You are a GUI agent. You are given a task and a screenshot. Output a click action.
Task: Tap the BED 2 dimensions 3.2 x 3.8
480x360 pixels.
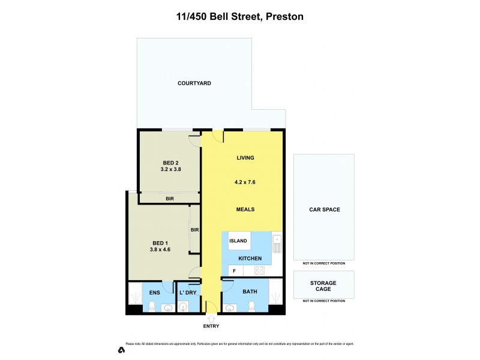click(x=170, y=170)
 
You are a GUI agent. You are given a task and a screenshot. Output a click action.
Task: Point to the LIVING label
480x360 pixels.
click(x=245, y=158)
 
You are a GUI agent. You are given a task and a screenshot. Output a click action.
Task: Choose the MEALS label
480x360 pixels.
click(x=245, y=209)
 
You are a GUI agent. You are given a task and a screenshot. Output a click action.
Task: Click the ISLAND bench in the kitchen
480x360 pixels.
click(x=238, y=241)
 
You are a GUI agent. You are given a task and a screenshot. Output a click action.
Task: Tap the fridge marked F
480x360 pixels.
click(x=234, y=271)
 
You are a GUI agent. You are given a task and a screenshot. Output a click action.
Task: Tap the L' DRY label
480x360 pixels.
click(x=188, y=292)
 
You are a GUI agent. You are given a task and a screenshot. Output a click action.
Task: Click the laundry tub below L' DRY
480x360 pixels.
click(x=184, y=307)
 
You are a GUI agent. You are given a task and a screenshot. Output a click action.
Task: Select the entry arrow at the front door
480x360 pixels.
click(x=211, y=318)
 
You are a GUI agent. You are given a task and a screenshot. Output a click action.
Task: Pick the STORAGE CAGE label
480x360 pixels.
click(x=323, y=286)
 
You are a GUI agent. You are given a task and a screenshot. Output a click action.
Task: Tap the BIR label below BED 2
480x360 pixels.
click(x=170, y=197)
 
